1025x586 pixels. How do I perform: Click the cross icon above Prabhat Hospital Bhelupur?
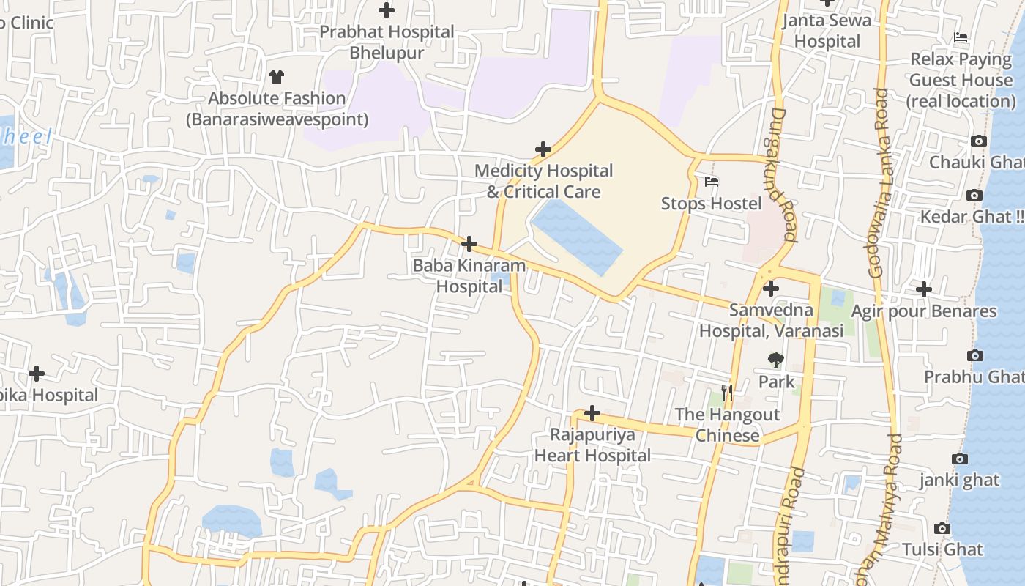[387, 10]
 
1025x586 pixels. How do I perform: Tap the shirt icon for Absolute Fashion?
[277, 76]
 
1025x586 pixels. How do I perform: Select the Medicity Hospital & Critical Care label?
[543, 181]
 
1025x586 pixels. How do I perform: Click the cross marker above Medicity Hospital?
[543, 149]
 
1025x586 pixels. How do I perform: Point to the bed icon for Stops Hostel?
[712, 182]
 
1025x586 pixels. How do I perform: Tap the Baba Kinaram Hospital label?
[469, 275]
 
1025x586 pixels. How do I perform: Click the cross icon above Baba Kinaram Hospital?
[469, 244]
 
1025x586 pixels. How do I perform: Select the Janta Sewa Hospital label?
[827, 31]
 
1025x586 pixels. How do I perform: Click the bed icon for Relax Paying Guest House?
[961, 37]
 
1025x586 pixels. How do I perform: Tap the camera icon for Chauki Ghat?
[978, 141]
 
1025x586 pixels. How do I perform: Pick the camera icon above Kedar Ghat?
[974, 195]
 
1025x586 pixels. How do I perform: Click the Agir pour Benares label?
[923, 311]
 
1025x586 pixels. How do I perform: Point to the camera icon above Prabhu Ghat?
[974, 355]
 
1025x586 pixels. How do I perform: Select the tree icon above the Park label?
[775, 360]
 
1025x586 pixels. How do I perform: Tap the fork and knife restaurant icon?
[726, 393]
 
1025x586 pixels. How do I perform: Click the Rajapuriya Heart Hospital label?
[592, 445]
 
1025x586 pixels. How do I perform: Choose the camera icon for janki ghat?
[959, 459]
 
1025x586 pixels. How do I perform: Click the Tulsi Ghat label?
[942, 549]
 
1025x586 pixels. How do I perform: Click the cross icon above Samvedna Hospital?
[770, 289]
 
